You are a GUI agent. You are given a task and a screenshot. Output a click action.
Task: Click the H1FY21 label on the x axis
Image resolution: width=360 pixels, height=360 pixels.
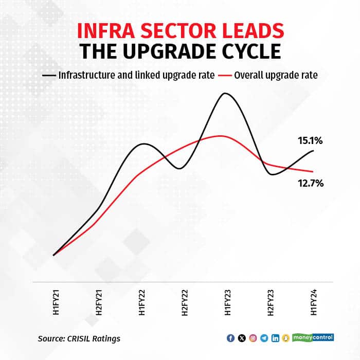53,304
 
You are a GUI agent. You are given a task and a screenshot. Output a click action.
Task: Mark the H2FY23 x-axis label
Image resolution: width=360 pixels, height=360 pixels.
269,304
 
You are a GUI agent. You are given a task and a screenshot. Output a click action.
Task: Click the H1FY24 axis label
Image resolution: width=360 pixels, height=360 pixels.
313,304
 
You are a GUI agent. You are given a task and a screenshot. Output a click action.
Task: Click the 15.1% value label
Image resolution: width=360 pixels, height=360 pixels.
310,140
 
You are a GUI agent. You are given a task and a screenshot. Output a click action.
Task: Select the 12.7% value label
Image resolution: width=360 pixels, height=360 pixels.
310,183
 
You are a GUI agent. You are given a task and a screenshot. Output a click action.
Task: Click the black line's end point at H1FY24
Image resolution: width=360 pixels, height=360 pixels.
313,150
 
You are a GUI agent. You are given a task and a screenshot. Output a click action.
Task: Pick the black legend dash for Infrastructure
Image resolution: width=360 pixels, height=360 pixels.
48,75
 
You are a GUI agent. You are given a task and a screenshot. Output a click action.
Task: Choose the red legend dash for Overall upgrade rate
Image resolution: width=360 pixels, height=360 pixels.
224,75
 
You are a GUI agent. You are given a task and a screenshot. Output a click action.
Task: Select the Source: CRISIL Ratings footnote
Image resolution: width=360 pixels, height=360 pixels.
79,338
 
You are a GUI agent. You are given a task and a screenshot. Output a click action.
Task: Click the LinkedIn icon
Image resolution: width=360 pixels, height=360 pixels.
276,338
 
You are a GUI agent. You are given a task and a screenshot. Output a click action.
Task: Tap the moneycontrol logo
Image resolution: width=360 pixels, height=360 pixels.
313,337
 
